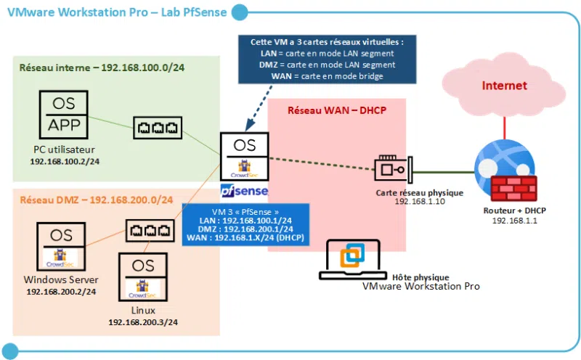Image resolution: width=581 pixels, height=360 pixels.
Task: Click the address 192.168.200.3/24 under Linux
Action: (144, 322)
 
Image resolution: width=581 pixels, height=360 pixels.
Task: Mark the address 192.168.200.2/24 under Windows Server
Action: (61, 291)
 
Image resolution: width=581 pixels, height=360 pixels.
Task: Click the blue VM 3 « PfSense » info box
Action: (245, 225)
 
